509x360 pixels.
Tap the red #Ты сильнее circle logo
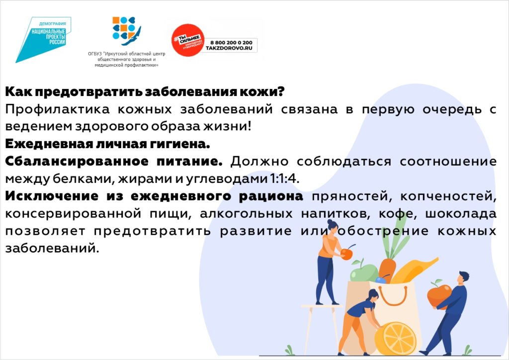coord(188,40)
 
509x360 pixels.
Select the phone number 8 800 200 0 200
coord(231,43)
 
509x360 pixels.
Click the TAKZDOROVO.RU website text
coord(229,48)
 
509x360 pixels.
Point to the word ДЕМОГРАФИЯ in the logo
coord(52,24)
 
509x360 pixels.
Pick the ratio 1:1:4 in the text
coord(284,179)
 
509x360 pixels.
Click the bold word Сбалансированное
coord(77,161)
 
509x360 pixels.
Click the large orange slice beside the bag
coord(395,338)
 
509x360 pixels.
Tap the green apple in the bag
coord(364,272)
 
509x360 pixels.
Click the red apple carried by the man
coord(439,294)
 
